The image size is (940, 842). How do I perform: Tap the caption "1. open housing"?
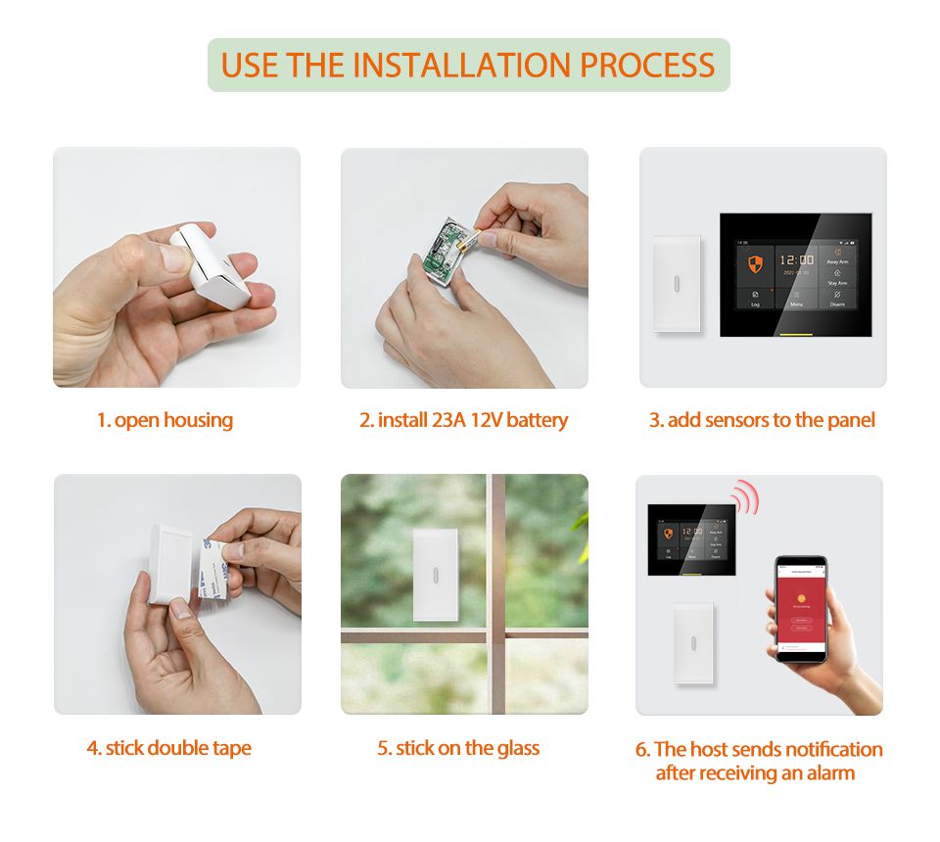164,421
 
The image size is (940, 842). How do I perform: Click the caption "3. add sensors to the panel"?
762,421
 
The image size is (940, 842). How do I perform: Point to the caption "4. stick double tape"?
168,749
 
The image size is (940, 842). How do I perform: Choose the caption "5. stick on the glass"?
458,749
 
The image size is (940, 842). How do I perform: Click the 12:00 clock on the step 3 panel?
795,260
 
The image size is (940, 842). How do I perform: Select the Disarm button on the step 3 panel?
837,298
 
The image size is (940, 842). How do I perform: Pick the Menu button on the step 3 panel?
796,298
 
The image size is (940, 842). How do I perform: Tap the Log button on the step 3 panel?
755,298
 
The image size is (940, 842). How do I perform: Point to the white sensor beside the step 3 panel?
677,284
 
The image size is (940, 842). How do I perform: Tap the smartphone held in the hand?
801,607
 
